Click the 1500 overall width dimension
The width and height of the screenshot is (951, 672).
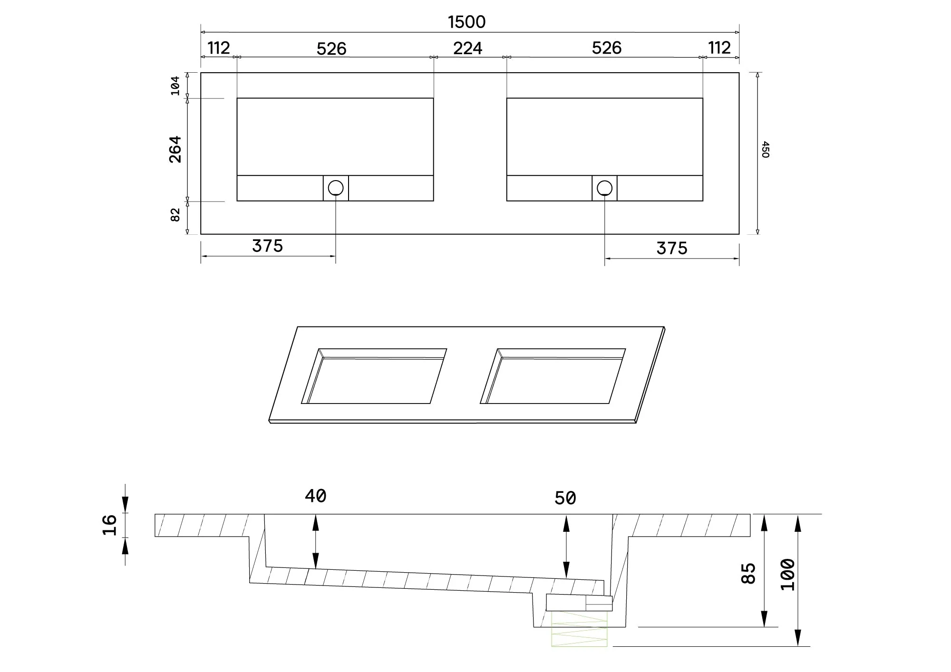[x=467, y=22]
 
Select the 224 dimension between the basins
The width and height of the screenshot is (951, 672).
[x=468, y=48]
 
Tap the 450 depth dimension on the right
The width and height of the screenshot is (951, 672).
[x=765, y=149]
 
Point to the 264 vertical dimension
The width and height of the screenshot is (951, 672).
[x=175, y=149]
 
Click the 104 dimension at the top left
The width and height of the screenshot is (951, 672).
[x=175, y=86]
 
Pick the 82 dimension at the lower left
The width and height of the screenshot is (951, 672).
[x=175, y=215]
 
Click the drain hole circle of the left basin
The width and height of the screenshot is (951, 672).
[x=336, y=188]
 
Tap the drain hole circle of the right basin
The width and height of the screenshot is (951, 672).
[x=604, y=188]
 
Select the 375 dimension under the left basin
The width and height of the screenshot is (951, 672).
[x=267, y=246]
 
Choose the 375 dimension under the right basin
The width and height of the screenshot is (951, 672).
[x=672, y=248]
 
